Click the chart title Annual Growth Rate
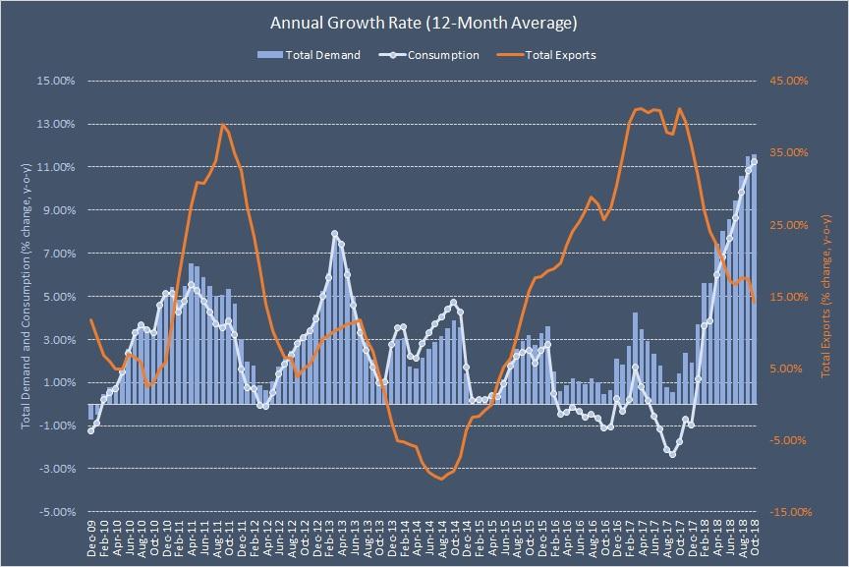point(424,21)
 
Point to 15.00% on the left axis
point(55,81)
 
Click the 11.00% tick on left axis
point(55,167)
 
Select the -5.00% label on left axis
point(55,512)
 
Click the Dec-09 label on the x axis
point(91,539)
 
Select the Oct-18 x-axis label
point(754,539)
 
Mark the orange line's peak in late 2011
point(223,125)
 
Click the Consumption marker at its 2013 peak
point(335,234)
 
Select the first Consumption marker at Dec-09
point(91,430)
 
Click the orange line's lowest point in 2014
point(441,479)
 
